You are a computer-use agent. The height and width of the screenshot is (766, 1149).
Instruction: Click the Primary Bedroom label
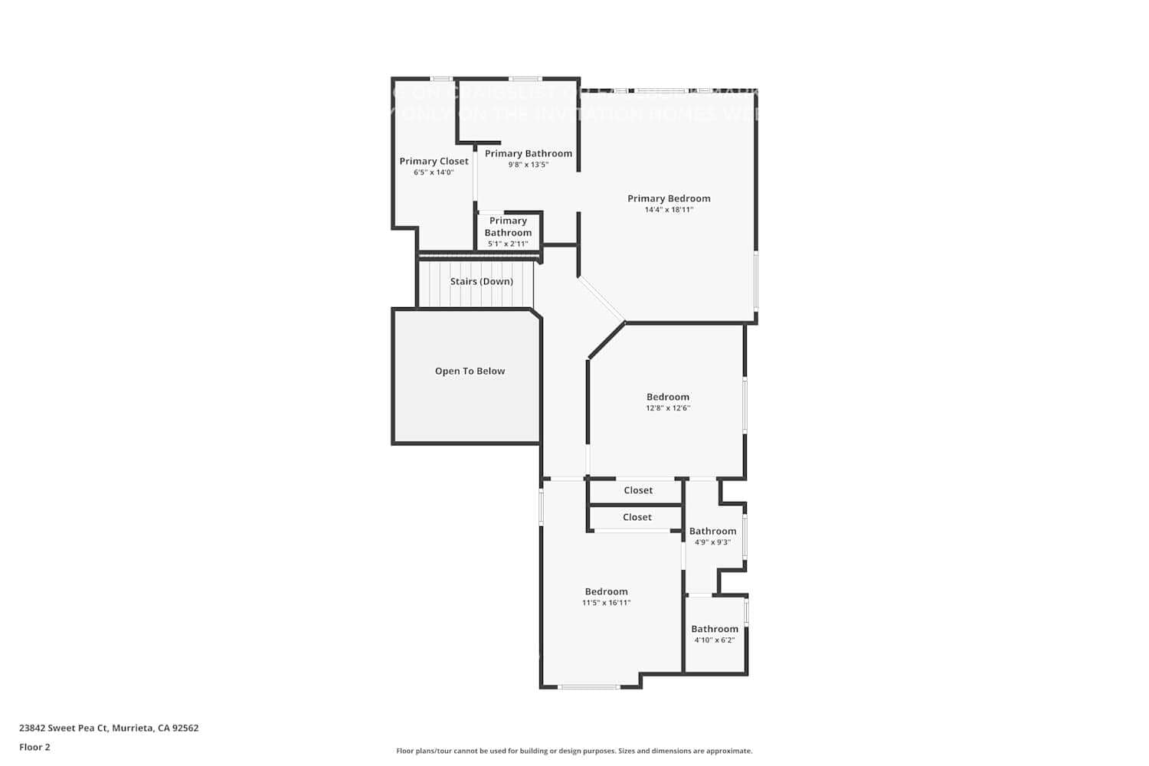pos(669,198)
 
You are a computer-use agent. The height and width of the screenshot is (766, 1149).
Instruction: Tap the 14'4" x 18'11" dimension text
pos(669,210)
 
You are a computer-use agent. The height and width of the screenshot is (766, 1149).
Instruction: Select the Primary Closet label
pos(434,161)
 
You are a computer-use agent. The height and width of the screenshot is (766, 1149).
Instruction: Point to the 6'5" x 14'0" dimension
pos(434,172)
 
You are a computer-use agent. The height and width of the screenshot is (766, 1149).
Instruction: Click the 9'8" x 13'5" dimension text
pos(528,165)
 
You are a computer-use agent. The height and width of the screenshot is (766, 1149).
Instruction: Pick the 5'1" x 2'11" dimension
pos(508,244)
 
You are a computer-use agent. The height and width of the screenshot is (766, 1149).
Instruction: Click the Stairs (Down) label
pos(481,281)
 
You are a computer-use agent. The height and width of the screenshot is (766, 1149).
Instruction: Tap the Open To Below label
pos(470,371)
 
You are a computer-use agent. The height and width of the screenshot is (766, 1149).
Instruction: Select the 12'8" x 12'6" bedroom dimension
pos(668,408)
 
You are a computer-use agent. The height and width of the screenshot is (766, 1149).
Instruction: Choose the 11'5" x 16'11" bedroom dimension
pos(606,603)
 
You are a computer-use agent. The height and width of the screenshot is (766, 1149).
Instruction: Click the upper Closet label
pos(638,490)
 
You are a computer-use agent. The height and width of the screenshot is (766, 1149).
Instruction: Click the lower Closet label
pos(637,517)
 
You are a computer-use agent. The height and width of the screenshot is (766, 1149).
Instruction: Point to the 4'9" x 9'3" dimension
pos(712,542)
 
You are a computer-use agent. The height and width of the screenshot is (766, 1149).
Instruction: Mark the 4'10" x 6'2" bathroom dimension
pos(714,640)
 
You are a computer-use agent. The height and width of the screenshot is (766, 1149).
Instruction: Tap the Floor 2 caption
pos(34,747)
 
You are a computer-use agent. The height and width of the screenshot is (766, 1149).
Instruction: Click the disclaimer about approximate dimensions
pos(574,751)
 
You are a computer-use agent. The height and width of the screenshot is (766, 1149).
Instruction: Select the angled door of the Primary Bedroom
pos(601,298)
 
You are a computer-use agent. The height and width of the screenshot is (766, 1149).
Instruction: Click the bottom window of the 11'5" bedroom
pos(589,687)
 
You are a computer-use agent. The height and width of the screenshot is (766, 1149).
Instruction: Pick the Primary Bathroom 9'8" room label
pos(528,153)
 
